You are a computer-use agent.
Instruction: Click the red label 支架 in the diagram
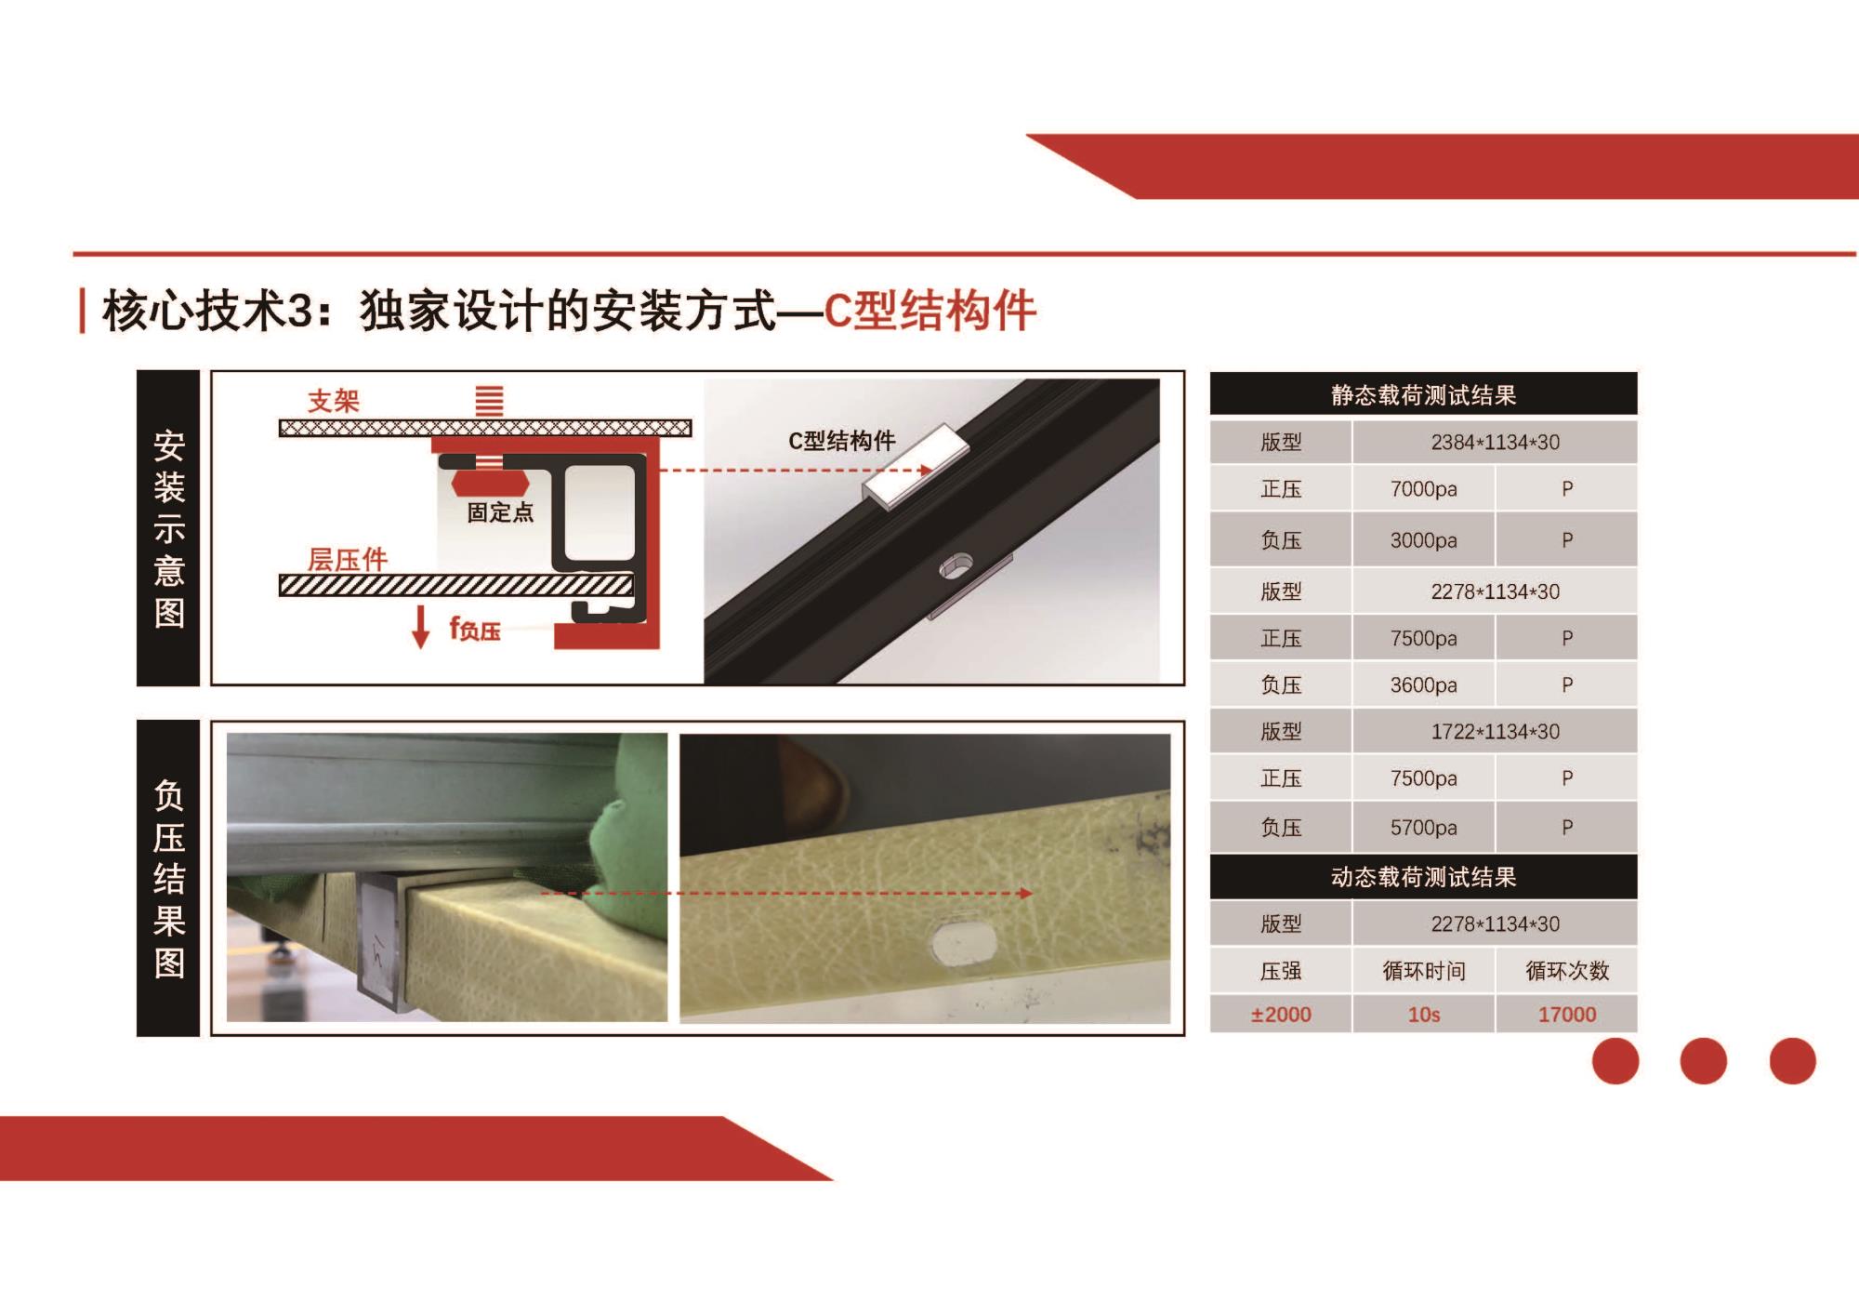pyautogui.click(x=334, y=401)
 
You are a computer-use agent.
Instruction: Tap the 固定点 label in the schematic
pyautogui.click(x=500, y=512)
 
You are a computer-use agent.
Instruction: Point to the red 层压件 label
pyautogui.click(x=348, y=559)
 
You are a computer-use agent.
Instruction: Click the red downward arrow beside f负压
pyautogui.click(x=421, y=626)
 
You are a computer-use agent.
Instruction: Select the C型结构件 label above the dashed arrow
pyautogui.click(x=842, y=441)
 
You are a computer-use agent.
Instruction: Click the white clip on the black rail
pyautogui.click(x=916, y=467)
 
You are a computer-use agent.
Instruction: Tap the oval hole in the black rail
pyautogui.click(x=956, y=566)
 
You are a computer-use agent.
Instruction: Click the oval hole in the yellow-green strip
pyautogui.click(x=964, y=942)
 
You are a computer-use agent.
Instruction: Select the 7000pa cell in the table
pyautogui.click(x=1423, y=489)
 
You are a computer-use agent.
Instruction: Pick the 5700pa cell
pyautogui.click(x=1423, y=828)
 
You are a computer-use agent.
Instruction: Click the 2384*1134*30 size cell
pyautogui.click(x=1495, y=443)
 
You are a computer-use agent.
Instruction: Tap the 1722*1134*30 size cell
pyautogui.click(x=1495, y=732)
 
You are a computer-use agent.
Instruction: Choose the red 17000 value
pyautogui.click(x=1567, y=1015)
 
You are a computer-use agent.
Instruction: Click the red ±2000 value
pyautogui.click(x=1281, y=1015)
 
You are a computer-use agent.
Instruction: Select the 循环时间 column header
pyautogui.click(x=1424, y=971)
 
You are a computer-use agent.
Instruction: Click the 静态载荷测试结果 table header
pyautogui.click(x=1423, y=395)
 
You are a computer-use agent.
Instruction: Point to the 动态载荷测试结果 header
pyautogui.click(x=1423, y=877)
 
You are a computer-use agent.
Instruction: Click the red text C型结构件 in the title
pyautogui.click(x=929, y=311)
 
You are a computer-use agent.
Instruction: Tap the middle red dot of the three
pyautogui.click(x=1704, y=1061)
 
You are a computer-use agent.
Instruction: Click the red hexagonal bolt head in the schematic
pyautogui.click(x=490, y=484)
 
